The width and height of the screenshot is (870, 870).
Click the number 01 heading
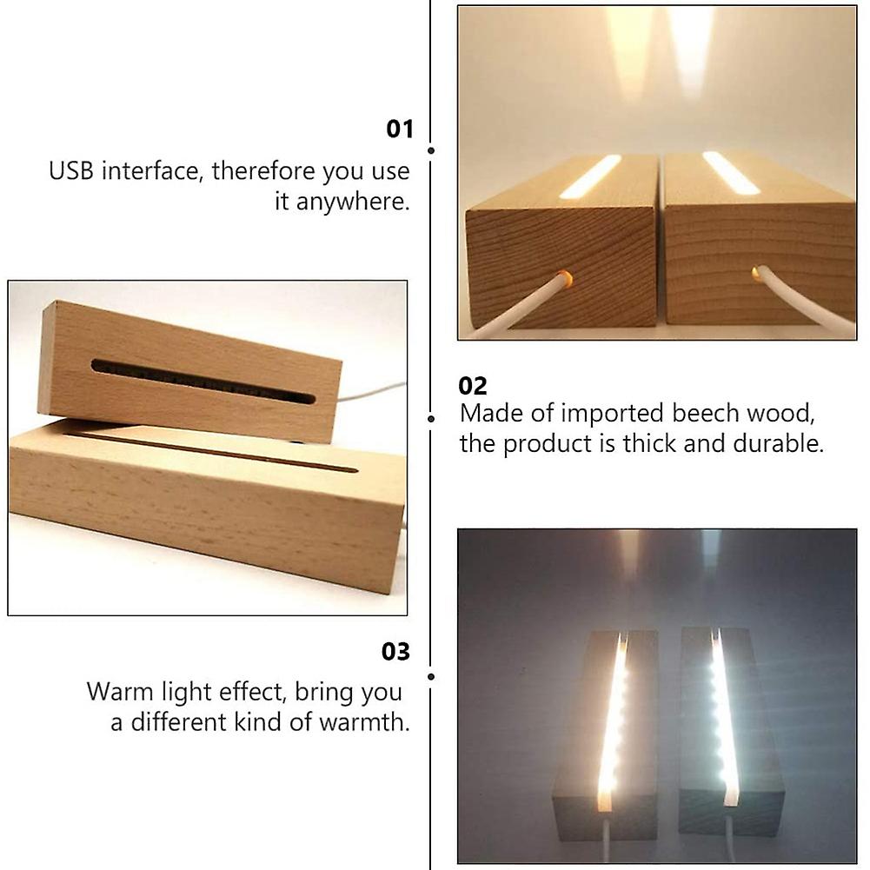coord(400,130)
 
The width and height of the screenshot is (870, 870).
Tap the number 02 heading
coord(473,385)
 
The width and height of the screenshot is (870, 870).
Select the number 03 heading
coord(395,651)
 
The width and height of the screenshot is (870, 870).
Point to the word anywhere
coord(352,203)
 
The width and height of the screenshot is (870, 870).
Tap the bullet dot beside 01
coord(431,150)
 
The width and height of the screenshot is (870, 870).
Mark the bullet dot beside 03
coord(431,675)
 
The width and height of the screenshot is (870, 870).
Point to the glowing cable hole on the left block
coord(563,279)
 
